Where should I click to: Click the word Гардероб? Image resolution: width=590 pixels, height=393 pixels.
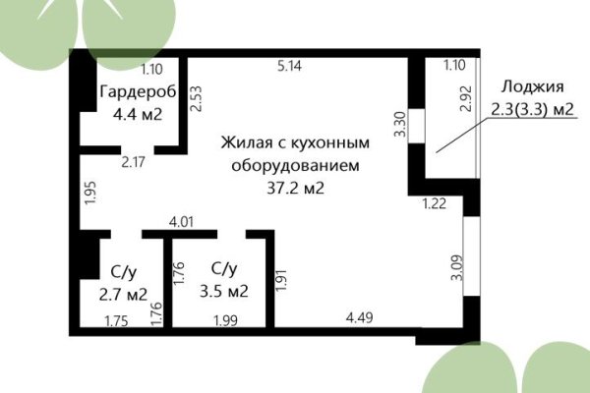click(x=137, y=92)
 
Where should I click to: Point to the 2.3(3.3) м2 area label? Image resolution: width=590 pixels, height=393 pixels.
click(x=532, y=109)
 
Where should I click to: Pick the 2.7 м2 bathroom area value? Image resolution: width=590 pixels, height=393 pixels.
click(x=123, y=293)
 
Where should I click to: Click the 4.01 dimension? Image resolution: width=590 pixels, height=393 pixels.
click(x=182, y=223)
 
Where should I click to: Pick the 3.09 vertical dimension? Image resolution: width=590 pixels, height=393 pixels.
click(x=455, y=268)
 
